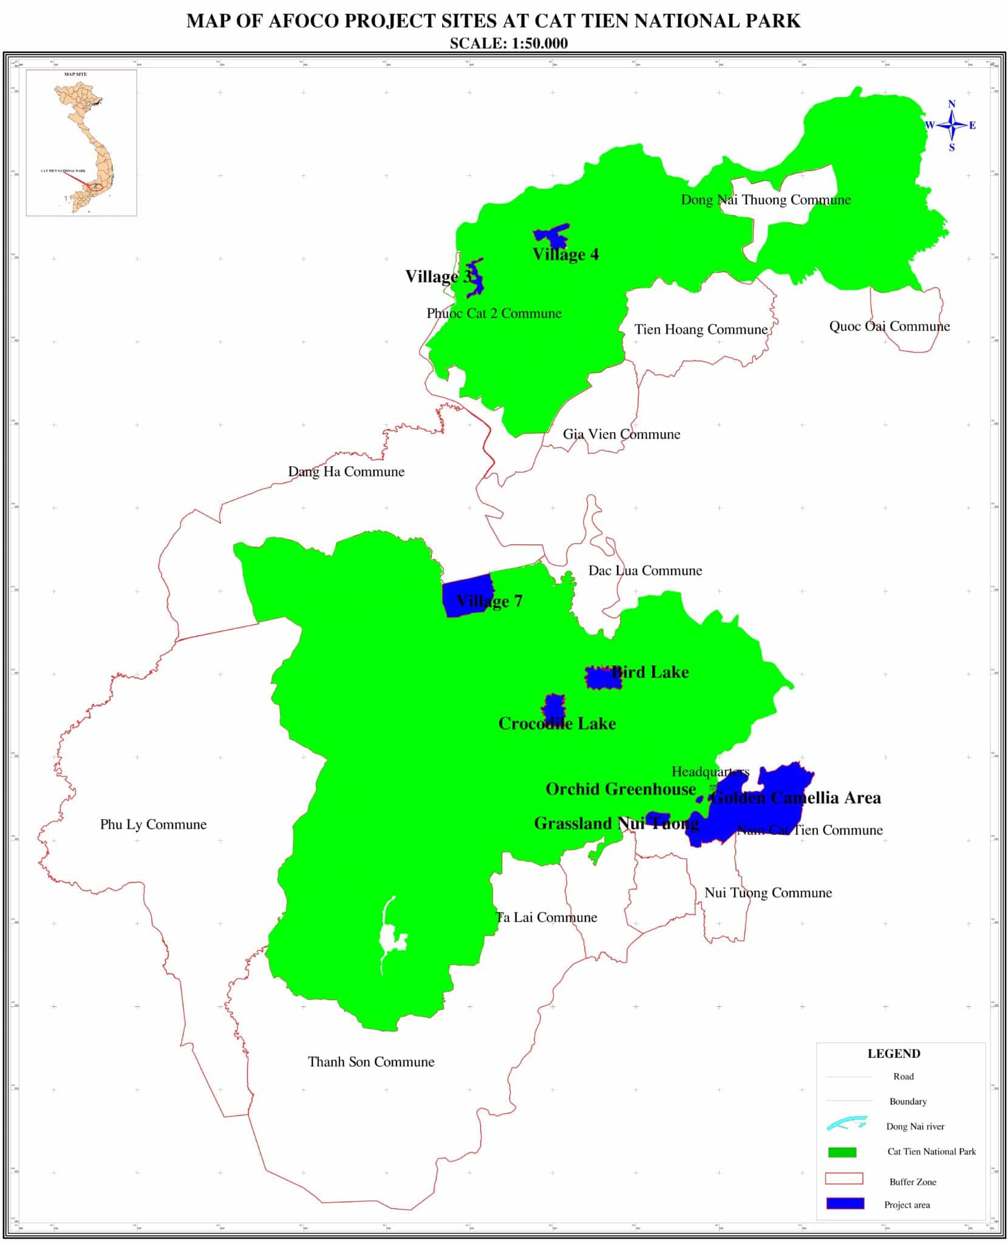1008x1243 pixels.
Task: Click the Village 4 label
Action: pyautogui.click(x=565, y=254)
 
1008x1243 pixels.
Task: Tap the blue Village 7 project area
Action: pyautogui.click(x=465, y=595)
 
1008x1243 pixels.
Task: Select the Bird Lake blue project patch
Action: pyautogui.click(x=602, y=677)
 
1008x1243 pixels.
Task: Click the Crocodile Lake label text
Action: pyautogui.click(x=557, y=723)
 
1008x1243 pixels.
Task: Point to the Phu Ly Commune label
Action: pyautogui.click(x=153, y=824)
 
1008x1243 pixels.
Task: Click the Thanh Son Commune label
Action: pyautogui.click(x=371, y=1062)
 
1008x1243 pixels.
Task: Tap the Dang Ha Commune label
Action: pyautogui.click(x=346, y=472)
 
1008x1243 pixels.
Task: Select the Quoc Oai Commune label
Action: pyautogui.click(x=889, y=327)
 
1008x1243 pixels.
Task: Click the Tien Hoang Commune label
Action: pyautogui.click(x=701, y=330)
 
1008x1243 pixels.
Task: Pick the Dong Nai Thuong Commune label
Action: pyautogui.click(x=765, y=200)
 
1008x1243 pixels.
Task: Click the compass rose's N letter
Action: pyautogui.click(x=952, y=104)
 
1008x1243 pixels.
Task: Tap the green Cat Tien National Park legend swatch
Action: pyautogui.click(x=842, y=1152)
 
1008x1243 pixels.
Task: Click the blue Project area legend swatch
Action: pyautogui.click(x=844, y=1204)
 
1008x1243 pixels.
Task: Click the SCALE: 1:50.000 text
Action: pyautogui.click(x=509, y=43)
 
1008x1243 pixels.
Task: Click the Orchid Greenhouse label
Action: pyautogui.click(x=620, y=789)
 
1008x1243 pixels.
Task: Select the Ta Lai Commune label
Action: pyautogui.click(x=547, y=917)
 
